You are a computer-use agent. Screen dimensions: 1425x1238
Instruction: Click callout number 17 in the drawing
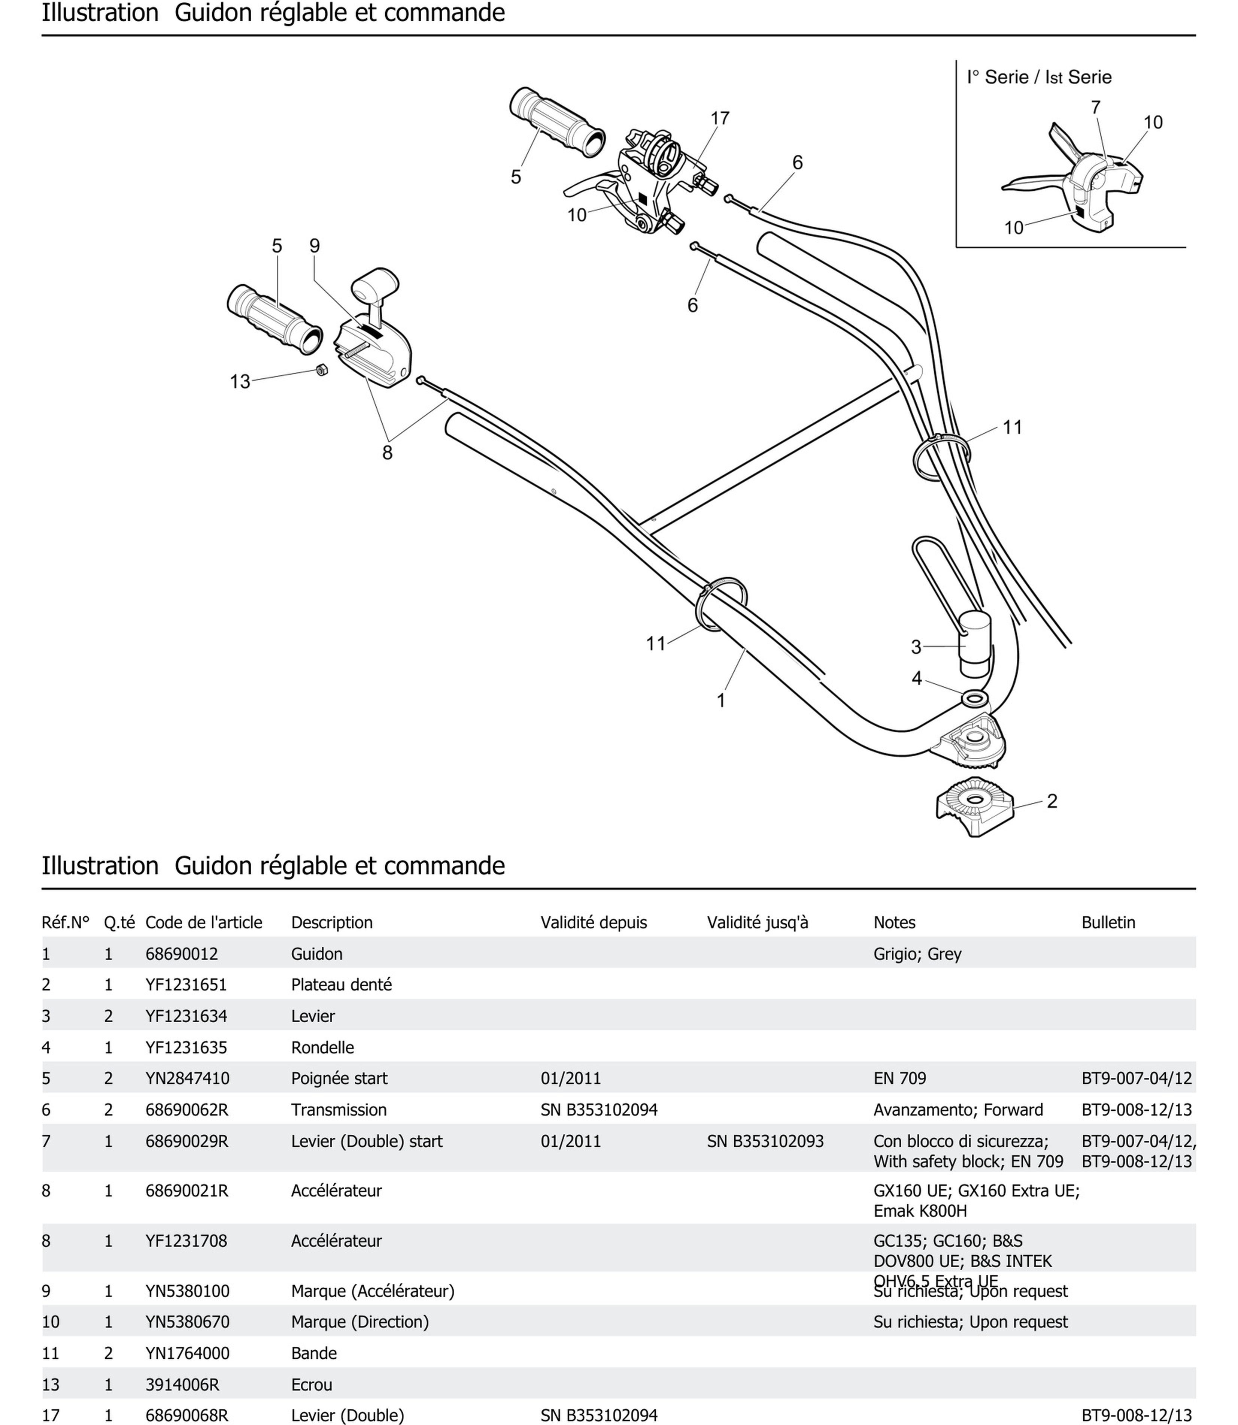720,119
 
